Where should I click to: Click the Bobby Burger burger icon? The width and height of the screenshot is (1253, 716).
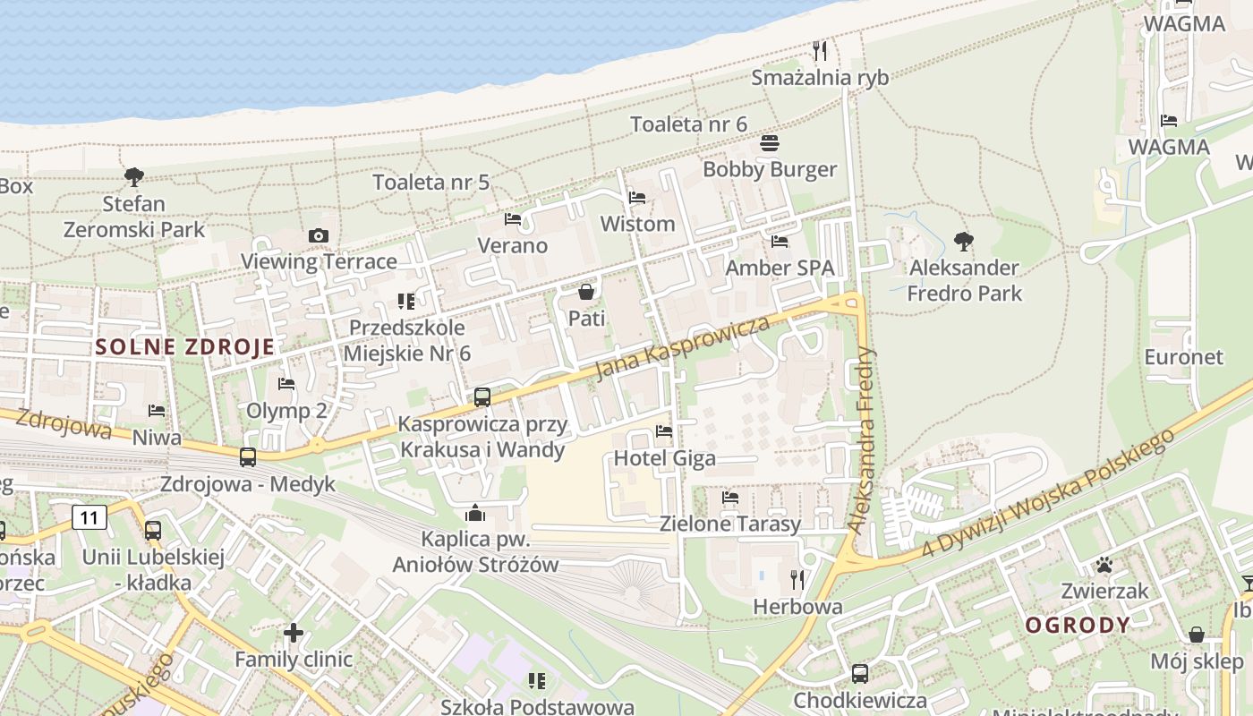(x=770, y=143)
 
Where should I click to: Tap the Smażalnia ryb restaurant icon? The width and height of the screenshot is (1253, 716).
(x=820, y=50)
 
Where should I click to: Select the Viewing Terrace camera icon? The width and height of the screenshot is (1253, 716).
(x=318, y=235)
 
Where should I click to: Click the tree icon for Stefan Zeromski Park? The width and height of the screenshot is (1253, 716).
(x=134, y=177)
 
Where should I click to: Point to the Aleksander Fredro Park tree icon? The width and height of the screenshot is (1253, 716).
(x=964, y=241)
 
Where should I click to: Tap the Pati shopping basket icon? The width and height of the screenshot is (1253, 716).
(x=586, y=292)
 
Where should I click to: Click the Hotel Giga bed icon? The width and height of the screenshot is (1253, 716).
(x=664, y=431)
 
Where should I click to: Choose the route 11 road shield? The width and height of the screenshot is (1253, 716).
(x=89, y=516)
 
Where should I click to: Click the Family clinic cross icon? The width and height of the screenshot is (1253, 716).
(x=293, y=634)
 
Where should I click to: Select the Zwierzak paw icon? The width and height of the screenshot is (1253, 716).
(x=1104, y=565)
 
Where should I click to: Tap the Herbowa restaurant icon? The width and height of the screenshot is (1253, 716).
(x=797, y=580)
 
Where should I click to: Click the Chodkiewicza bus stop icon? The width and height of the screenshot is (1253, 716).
(x=859, y=673)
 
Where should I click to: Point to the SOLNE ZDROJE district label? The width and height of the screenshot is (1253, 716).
(x=184, y=347)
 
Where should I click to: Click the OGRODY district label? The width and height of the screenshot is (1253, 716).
(x=1078, y=625)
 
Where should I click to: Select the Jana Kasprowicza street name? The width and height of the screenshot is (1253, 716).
(x=682, y=346)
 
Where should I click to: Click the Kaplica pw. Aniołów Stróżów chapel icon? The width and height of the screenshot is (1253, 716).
(x=475, y=513)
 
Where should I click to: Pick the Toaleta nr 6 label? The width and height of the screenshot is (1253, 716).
(x=688, y=124)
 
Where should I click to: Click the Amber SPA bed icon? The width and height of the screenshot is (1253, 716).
(x=780, y=242)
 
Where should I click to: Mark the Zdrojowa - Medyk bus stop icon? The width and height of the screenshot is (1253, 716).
(x=248, y=457)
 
